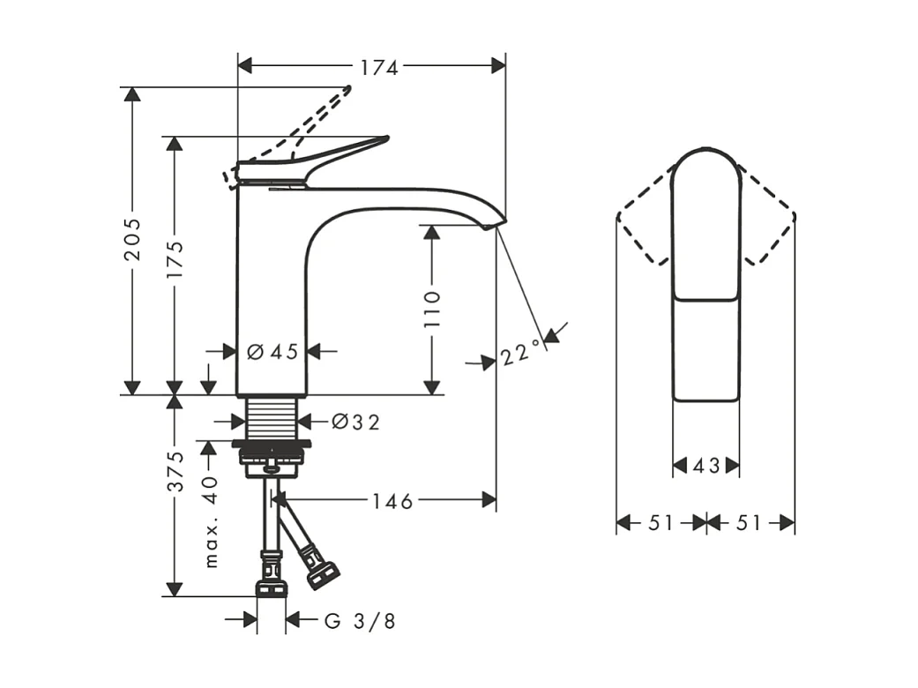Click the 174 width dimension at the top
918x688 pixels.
click(x=379, y=67)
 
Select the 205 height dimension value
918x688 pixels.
click(x=132, y=239)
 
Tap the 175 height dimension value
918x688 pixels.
click(x=175, y=259)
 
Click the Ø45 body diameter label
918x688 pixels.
click(x=272, y=352)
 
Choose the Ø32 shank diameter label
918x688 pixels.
click(x=356, y=423)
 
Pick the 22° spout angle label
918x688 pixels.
click(x=520, y=355)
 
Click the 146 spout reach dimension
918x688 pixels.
click(x=392, y=501)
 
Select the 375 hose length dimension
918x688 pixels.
click(x=175, y=471)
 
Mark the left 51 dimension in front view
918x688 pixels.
click(x=661, y=523)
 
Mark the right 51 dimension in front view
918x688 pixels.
click(x=749, y=523)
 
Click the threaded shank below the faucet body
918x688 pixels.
click(x=272, y=415)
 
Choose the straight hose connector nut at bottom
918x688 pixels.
click(x=271, y=587)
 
